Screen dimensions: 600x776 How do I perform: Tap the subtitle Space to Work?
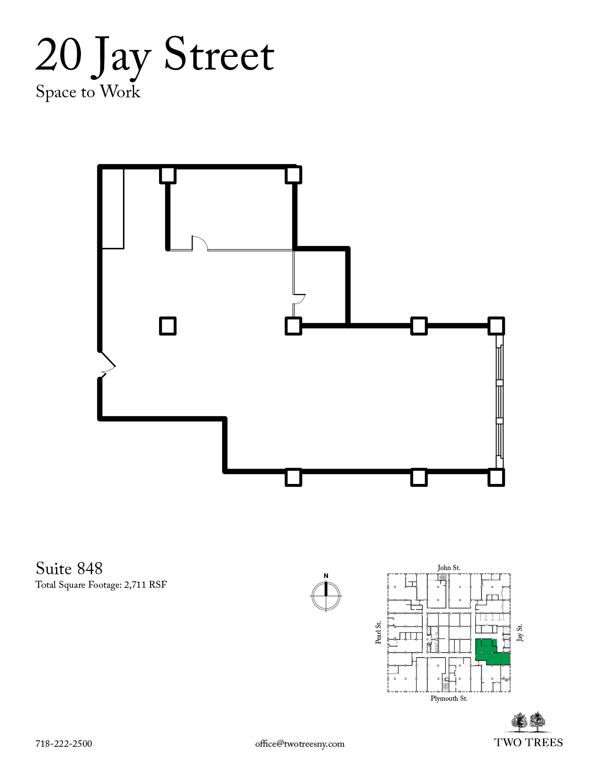88,92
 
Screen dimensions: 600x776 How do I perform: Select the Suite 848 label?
69,568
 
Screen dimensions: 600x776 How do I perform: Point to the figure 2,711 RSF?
145,585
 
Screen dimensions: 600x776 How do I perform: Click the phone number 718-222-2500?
64,744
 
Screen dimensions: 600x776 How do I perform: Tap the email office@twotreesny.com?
300,744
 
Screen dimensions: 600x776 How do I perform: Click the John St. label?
449,568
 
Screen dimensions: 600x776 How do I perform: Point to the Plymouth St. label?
449,698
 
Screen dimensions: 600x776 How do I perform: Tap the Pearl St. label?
378,633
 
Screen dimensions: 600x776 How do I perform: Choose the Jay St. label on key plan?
520,633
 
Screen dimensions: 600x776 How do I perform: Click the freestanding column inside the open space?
168,326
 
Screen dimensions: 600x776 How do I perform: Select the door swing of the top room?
200,243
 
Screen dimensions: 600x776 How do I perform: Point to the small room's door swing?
299,300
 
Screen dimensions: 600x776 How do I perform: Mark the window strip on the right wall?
499,401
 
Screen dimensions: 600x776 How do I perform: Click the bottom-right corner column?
496,477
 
